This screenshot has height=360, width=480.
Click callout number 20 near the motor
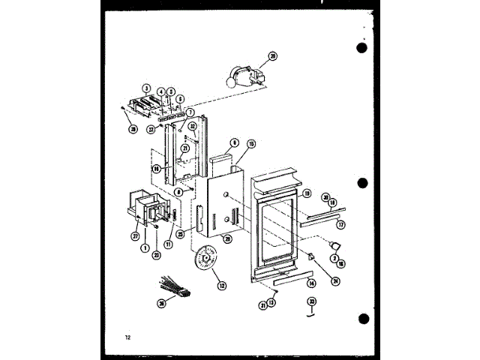click(273, 55)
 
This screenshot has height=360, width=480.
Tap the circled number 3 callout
click(147, 88)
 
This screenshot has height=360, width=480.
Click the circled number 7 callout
click(180, 112)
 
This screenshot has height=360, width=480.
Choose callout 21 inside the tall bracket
click(184, 148)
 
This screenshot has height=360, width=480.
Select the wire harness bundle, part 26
click(171, 288)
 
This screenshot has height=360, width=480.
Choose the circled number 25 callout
click(181, 233)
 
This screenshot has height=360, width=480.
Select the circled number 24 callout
click(335, 282)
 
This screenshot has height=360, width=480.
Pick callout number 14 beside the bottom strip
click(310, 283)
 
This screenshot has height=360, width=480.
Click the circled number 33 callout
click(310, 303)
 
